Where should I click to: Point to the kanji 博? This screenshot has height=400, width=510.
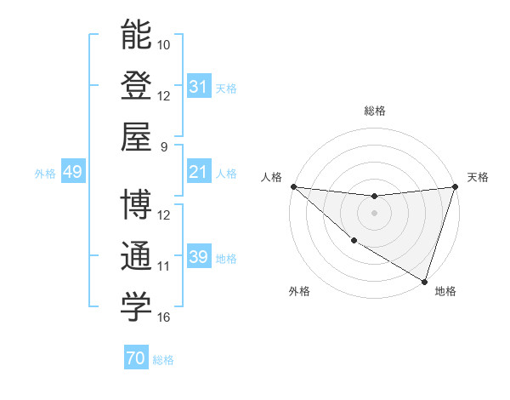click(136, 205)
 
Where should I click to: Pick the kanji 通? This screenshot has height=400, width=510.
click(136, 257)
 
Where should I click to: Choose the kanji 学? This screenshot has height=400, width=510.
click(136, 308)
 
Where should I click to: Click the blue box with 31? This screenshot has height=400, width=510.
click(198, 86)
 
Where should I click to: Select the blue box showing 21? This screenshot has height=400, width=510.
click(198, 172)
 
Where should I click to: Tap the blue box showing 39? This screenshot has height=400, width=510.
click(198, 258)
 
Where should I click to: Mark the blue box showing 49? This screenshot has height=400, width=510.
click(72, 172)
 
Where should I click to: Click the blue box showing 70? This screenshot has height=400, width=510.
click(135, 358)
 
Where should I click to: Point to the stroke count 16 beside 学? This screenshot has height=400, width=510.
click(164, 317)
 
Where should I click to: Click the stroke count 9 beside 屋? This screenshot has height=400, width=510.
click(163, 146)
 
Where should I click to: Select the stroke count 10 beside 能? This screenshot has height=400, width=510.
click(164, 43)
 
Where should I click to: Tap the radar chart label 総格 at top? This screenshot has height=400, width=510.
click(374, 111)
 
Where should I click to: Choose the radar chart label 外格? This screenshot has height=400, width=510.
click(299, 291)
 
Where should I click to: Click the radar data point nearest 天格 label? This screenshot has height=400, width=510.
click(455, 186)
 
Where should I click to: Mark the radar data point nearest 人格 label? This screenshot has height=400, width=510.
click(292, 186)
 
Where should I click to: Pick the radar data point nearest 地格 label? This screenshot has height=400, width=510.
click(424, 281)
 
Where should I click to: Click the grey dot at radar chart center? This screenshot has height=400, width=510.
click(374, 213)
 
